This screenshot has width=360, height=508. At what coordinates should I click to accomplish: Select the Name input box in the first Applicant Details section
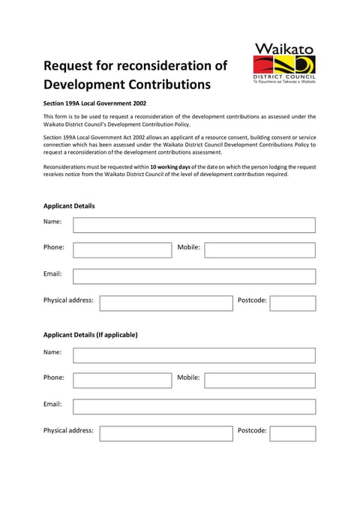pyautogui.click(x=193, y=225)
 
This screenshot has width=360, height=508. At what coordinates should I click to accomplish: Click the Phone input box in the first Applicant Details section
pyautogui.click(x=122, y=250)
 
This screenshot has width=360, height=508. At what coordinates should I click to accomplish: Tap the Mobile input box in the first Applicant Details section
pyautogui.click(x=259, y=250)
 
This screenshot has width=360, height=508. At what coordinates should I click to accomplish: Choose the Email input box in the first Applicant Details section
pyautogui.click(x=193, y=276)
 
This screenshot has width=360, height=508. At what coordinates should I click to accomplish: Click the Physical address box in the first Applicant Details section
pyautogui.click(x=166, y=303)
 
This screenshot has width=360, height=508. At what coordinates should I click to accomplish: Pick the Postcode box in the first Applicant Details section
pyautogui.click(x=292, y=303)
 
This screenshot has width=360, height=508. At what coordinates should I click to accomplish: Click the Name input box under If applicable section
pyautogui.click(x=193, y=355)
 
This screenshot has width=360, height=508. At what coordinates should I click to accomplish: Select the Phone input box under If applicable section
pyautogui.click(x=122, y=381)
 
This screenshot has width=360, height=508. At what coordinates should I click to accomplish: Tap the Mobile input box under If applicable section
pyautogui.click(x=259, y=381)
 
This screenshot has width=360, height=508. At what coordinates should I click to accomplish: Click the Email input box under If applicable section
pyautogui.click(x=193, y=407)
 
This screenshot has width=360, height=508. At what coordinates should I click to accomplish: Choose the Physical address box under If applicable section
pyautogui.click(x=166, y=433)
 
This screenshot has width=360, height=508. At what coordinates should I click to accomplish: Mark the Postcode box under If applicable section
pyautogui.click(x=292, y=433)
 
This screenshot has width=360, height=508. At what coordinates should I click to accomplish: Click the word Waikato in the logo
pyautogui.click(x=285, y=48)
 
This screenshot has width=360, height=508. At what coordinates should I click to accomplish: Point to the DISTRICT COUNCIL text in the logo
pyautogui.click(x=285, y=77)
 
